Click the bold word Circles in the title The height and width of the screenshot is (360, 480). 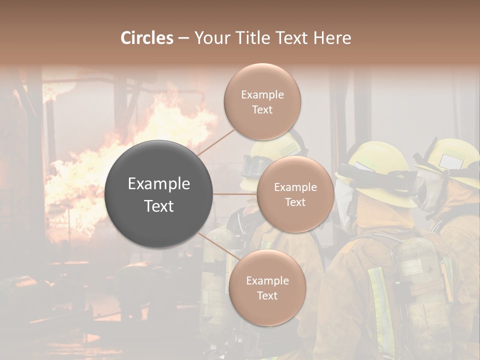(146, 38)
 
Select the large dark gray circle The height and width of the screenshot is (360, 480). (159, 194)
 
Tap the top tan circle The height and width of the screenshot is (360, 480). (262, 101)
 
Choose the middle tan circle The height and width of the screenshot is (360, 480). (295, 194)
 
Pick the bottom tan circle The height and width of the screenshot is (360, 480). (267, 287)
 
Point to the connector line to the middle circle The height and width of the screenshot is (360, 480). (235, 194)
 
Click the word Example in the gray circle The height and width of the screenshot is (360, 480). (159, 184)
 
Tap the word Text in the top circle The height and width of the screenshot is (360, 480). (262, 109)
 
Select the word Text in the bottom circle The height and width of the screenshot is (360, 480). (267, 295)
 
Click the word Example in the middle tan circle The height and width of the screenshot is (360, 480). (295, 187)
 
